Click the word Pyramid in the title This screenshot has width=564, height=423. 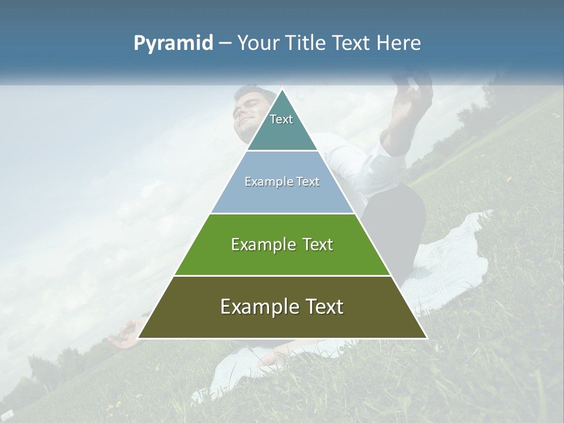(173, 43)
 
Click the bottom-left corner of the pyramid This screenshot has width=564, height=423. (139, 337)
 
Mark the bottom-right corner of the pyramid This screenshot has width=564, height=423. (426, 337)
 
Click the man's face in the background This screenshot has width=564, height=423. (250, 112)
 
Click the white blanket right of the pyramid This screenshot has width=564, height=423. (452, 258)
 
